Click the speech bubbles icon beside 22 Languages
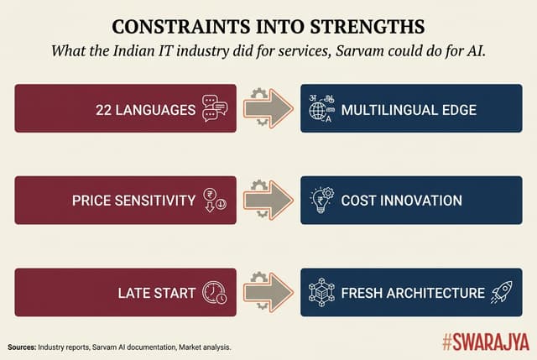pyautogui.click(x=215, y=110)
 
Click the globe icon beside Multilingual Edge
pyautogui.click(x=320, y=110)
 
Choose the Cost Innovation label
pyautogui.click(x=402, y=201)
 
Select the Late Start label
pyautogui.click(x=157, y=293)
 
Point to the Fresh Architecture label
pyautogui.click(x=413, y=293)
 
